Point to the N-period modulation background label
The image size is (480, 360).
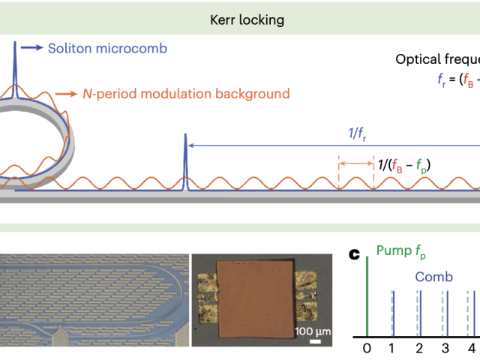click(x=184, y=94)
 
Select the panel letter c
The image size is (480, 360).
click(x=355, y=256)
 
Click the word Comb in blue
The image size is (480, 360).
click(x=434, y=277)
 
